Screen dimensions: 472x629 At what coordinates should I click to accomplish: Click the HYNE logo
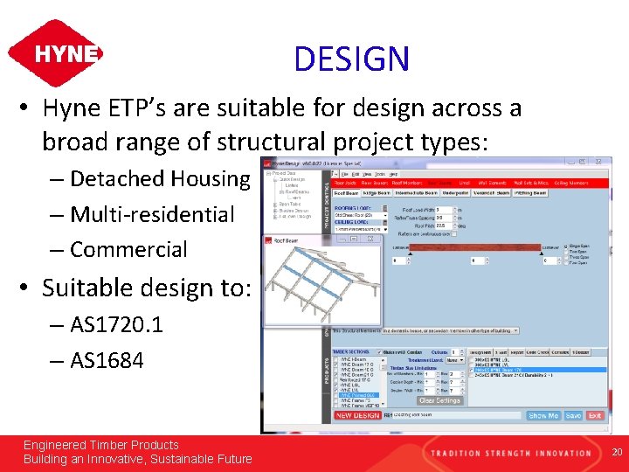[x=55, y=53]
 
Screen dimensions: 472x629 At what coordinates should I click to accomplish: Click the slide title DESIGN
[x=351, y=59]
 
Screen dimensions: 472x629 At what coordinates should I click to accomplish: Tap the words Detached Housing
[x=160, y=179]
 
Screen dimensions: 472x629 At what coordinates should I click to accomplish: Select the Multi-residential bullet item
[x=152, y=214]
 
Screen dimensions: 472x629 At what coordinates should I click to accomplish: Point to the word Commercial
[x=128, y=249]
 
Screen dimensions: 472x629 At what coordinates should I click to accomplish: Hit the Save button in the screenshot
[x=573, y=416]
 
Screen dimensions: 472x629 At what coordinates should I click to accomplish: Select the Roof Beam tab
[x=346, y=193]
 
